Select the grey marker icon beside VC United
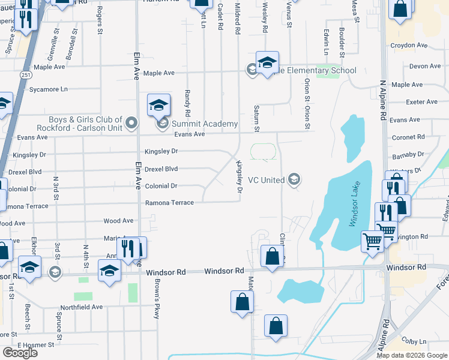click(294, 179)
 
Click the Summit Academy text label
click(205, 124)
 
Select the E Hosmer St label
click(36, 345)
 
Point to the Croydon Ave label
click(409, 45)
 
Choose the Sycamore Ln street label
click(49, 89)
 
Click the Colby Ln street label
click(414, 340)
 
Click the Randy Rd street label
click(187, 103)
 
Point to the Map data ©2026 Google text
click(412, 355)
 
